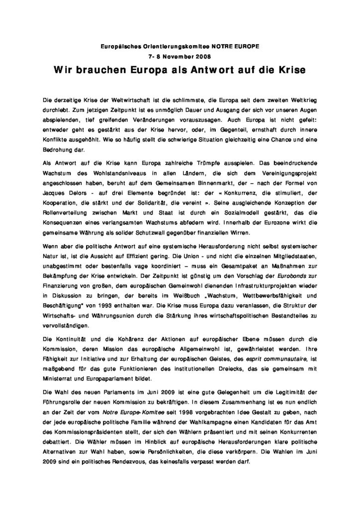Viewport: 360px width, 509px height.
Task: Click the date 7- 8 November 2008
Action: click(x=180, y=56)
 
